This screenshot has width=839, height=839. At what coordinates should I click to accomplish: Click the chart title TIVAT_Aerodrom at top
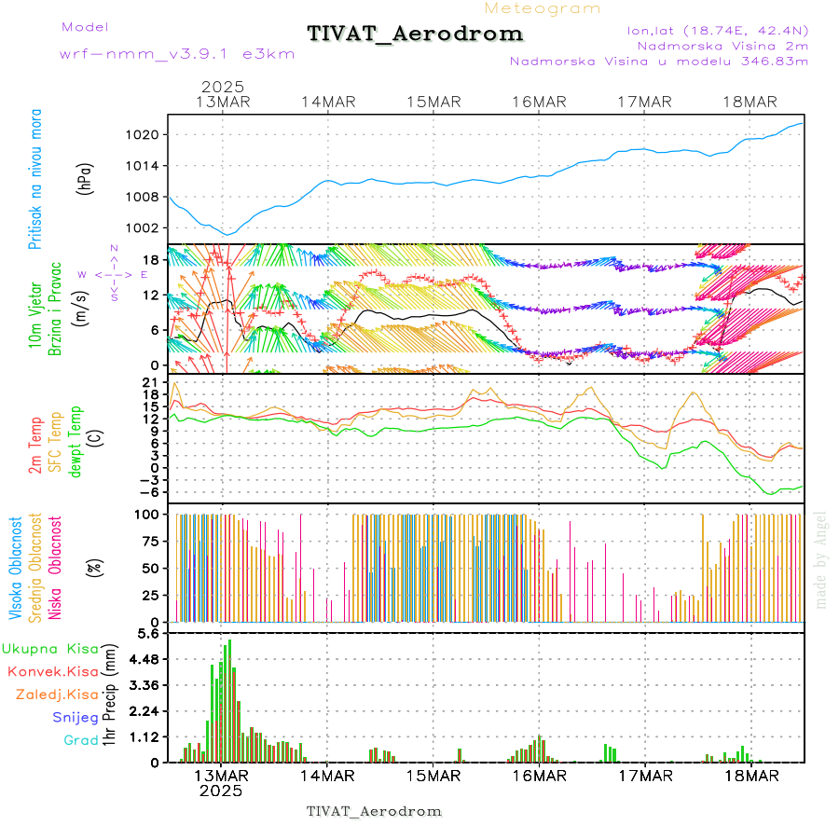[415, 34]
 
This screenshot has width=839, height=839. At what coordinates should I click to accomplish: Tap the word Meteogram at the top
[543, 8]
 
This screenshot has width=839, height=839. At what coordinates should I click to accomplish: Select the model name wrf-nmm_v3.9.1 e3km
[177, 54]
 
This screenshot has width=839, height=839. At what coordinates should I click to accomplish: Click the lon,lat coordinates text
[719, 30]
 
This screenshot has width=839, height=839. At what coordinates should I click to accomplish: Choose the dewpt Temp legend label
[76, 439]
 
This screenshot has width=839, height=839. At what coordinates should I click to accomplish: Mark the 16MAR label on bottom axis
[538, 776]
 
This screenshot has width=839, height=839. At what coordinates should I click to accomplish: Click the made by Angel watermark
[821, 559]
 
